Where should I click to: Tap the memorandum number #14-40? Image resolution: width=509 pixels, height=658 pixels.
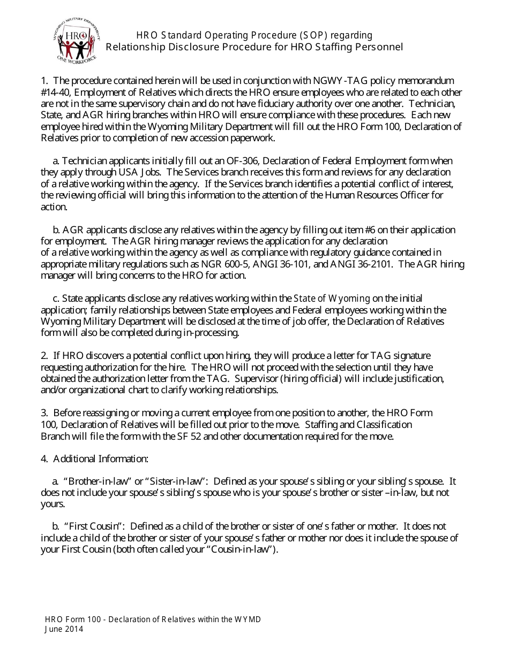click(x=54, y=93)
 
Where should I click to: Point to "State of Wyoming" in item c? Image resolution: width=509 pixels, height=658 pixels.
click(x=332, y=299)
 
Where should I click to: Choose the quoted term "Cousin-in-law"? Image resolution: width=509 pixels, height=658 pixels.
click(x=243, y=549)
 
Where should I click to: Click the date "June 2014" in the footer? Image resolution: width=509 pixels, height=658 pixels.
click(x=64, y=629)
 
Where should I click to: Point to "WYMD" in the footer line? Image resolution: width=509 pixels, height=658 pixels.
click(x=248, y=619)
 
